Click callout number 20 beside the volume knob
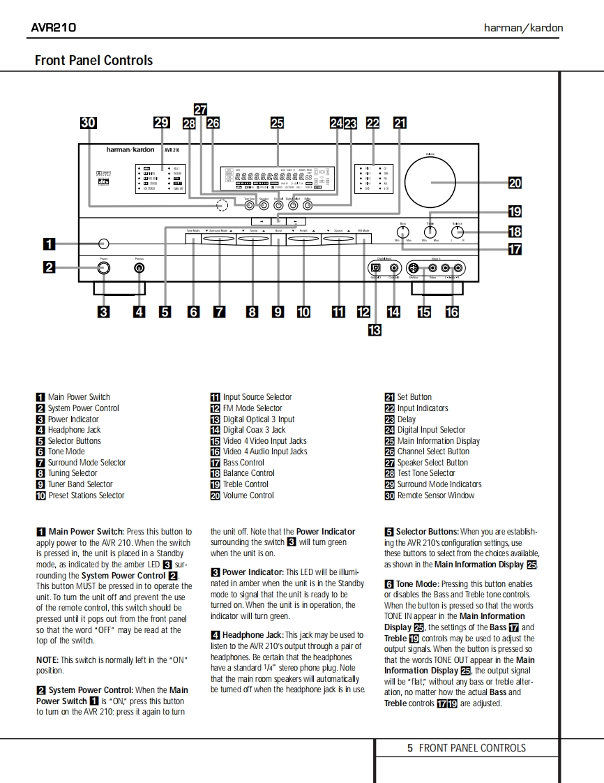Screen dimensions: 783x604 (x=514, y=184)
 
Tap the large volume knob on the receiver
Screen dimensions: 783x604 (x=430, y=182)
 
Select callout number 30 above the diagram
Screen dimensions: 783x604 (x=88, y=124)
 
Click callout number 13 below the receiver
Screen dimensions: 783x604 (x=375, y=330)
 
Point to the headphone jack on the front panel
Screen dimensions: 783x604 (x=139, y=268)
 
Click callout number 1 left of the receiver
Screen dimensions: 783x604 (x=49, y=244)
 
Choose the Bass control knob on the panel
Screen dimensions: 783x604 (x=402, y=232)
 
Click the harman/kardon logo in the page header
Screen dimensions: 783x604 (x=523, y=28)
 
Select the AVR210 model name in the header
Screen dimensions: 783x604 (x=54, y=28)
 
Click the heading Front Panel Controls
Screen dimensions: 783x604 (x=93, y=61)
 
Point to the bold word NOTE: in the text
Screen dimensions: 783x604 (x=47, y=659)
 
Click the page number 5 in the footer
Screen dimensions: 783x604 (x=410, y=748)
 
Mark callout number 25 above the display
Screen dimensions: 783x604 (x=277, y=124)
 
